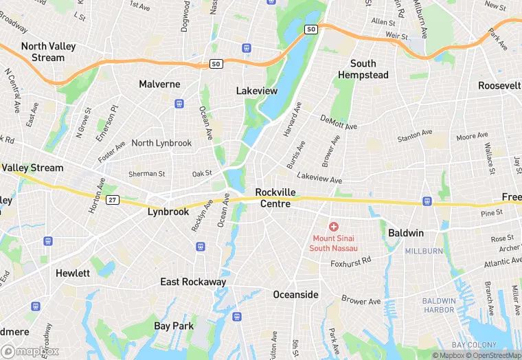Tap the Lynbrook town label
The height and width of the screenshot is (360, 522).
(168, 212)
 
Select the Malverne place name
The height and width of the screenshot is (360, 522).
(159, 84)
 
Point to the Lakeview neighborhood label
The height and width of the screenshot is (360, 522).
(256, 91)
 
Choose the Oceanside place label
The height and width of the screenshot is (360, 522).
(296, 294)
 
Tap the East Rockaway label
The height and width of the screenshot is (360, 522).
(193, 282)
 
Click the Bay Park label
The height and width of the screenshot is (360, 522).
(174, 326)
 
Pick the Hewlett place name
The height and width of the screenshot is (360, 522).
(73, 273)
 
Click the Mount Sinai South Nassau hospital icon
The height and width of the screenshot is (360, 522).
(334, 226)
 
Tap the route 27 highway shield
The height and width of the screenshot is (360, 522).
(113, 199)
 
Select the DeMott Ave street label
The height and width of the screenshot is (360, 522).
(339, 122)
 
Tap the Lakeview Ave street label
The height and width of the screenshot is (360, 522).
(319, 179)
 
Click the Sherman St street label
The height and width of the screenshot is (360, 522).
(147, 175)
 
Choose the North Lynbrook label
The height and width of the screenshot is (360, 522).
(161, 143)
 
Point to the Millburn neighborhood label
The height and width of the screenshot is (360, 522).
(424, 251)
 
